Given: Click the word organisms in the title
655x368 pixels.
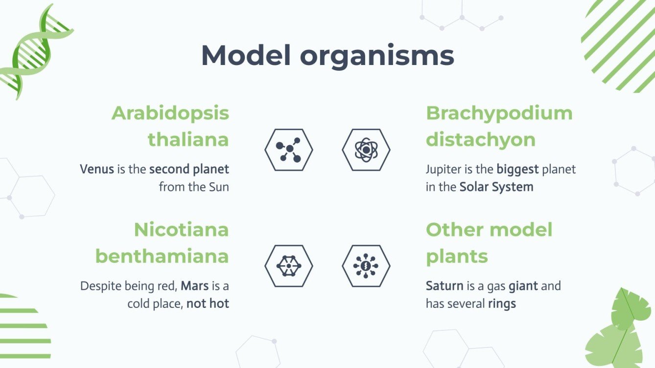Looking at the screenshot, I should point(377,56).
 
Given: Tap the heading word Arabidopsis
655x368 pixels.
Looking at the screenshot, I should point(170,113).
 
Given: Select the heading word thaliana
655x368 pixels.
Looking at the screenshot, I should point(188,140).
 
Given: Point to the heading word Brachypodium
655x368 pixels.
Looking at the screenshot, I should point(499,113).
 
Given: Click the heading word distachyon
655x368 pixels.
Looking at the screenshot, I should point(481,140).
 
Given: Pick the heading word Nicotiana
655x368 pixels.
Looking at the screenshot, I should point(182,230).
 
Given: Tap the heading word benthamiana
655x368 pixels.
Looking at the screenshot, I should point(162,256).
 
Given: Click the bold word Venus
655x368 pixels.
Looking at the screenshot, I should point(97,170).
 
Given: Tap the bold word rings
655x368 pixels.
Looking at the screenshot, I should point(502,303).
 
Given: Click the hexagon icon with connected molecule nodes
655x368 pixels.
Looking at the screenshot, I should point(288,150).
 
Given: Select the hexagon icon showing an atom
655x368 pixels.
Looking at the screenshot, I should point(366,150).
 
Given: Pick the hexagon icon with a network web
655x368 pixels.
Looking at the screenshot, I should point(288,266).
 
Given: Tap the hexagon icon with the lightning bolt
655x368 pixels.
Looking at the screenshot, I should point(366,266).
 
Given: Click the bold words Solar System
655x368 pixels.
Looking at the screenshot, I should point(496,187).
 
